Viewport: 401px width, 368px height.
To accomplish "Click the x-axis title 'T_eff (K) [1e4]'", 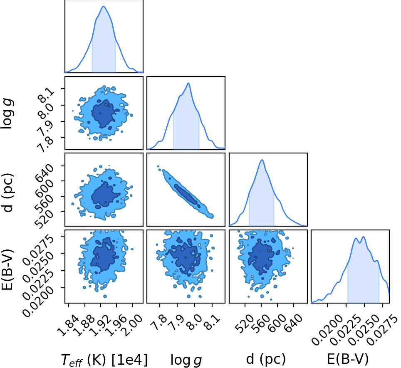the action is pos(104,360).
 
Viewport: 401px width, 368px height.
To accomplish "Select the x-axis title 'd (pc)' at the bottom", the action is pos(266,359).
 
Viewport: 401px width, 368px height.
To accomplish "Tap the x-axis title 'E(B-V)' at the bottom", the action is pos(348,359).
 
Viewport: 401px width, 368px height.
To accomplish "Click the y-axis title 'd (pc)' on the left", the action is pos(7,193).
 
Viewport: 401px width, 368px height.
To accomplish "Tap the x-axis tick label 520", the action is pos(245,323).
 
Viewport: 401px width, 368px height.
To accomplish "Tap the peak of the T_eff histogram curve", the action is pos(104,6).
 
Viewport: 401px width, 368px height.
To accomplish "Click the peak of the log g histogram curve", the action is pos(188,83).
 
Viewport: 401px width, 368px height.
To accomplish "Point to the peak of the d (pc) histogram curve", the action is pos(262,160).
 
